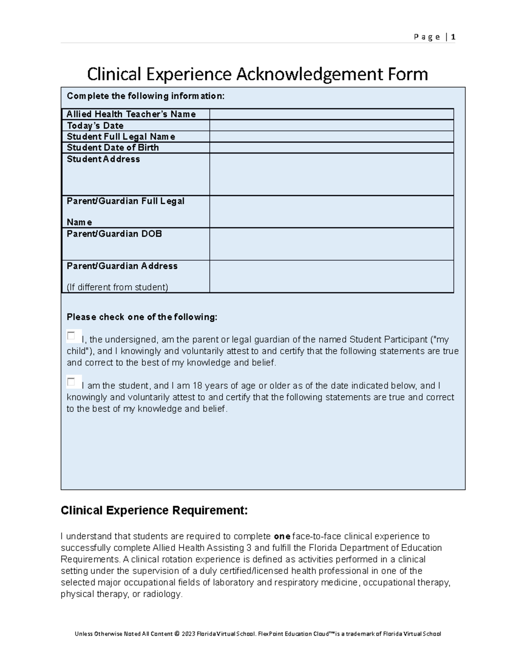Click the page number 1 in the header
click(453, 37)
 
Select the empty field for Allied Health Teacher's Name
click(332, 114)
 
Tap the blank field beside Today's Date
click(332, 126)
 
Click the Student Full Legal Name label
click(121, 137)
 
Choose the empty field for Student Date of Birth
click(332, 148)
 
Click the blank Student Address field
click(332, 174)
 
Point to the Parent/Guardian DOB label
click(114, 234)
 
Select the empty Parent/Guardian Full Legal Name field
click(332, 212)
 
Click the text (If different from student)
click(117, 287)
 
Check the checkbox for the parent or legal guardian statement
click(71, 336)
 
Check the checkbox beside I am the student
click(71, 382)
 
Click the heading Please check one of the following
click(142, 317)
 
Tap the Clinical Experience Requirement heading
click(154, 511)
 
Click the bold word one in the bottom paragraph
click(282, 537)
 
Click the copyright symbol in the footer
click(177, 634)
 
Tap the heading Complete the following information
click(146, 96)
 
